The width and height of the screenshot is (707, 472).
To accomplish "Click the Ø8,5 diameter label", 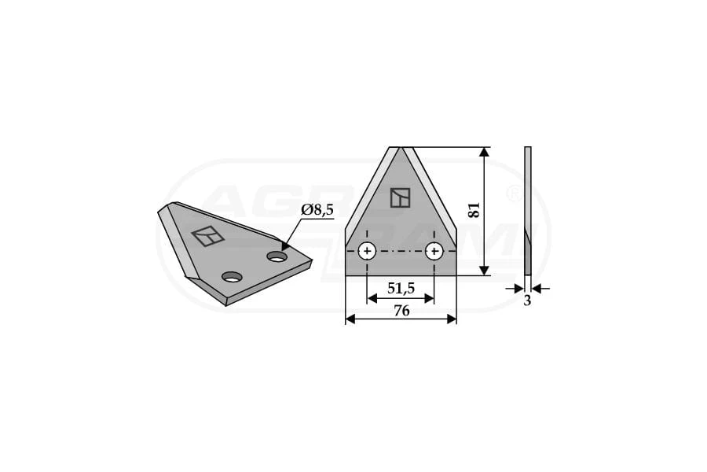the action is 317,210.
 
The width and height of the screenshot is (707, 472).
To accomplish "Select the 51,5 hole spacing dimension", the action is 401,288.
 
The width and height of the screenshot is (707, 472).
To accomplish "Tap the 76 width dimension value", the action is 401,311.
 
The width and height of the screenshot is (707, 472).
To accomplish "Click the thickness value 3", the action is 528,301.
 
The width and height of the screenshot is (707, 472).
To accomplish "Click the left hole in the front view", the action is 368,251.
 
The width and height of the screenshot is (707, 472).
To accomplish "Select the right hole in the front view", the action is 434,251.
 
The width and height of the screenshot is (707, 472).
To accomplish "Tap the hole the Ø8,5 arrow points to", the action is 277,256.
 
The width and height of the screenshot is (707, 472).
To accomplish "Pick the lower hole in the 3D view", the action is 233,276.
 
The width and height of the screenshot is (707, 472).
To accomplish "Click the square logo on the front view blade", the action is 401,197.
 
